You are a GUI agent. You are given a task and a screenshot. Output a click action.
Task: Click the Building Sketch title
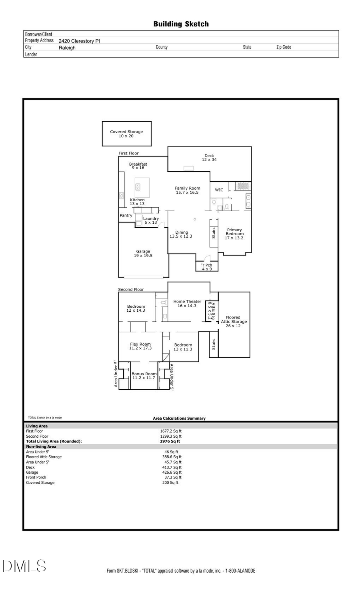(181, 24)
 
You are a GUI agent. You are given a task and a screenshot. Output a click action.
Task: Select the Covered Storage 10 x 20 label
(126, 134)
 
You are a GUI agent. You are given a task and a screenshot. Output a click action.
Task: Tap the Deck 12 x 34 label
(209, 158)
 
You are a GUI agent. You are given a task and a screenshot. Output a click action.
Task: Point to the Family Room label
(187, 190)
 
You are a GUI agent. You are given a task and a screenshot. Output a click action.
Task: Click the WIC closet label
(219, 190)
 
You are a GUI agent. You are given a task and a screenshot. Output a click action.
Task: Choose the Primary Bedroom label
(234, 234)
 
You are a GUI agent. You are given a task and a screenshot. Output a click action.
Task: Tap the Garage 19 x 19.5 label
(143, 254)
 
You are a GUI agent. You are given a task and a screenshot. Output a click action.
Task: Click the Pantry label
(126, 215)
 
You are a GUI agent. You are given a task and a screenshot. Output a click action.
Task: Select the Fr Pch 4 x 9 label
(206, 267)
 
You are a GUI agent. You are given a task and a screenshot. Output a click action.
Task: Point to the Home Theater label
(187, 304)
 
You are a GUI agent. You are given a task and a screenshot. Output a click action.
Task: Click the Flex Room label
(140, 346)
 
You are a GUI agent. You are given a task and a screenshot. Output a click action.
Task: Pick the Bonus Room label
(144, 376)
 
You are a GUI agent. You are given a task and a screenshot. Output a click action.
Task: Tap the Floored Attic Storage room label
(234, 322)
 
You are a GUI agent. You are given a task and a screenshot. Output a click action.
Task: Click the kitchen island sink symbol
(138, 187)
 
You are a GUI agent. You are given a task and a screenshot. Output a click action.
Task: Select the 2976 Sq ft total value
(170, 441)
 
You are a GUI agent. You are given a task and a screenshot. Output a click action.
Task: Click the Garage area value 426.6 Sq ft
(172, 472)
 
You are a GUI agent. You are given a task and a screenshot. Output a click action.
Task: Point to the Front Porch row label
(36, 477)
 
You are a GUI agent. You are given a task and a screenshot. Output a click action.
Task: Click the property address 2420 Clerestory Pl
(79, 41)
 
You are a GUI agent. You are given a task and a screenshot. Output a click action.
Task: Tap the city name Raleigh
(67, 48)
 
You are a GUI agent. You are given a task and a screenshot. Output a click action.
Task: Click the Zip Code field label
(284, 47)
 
